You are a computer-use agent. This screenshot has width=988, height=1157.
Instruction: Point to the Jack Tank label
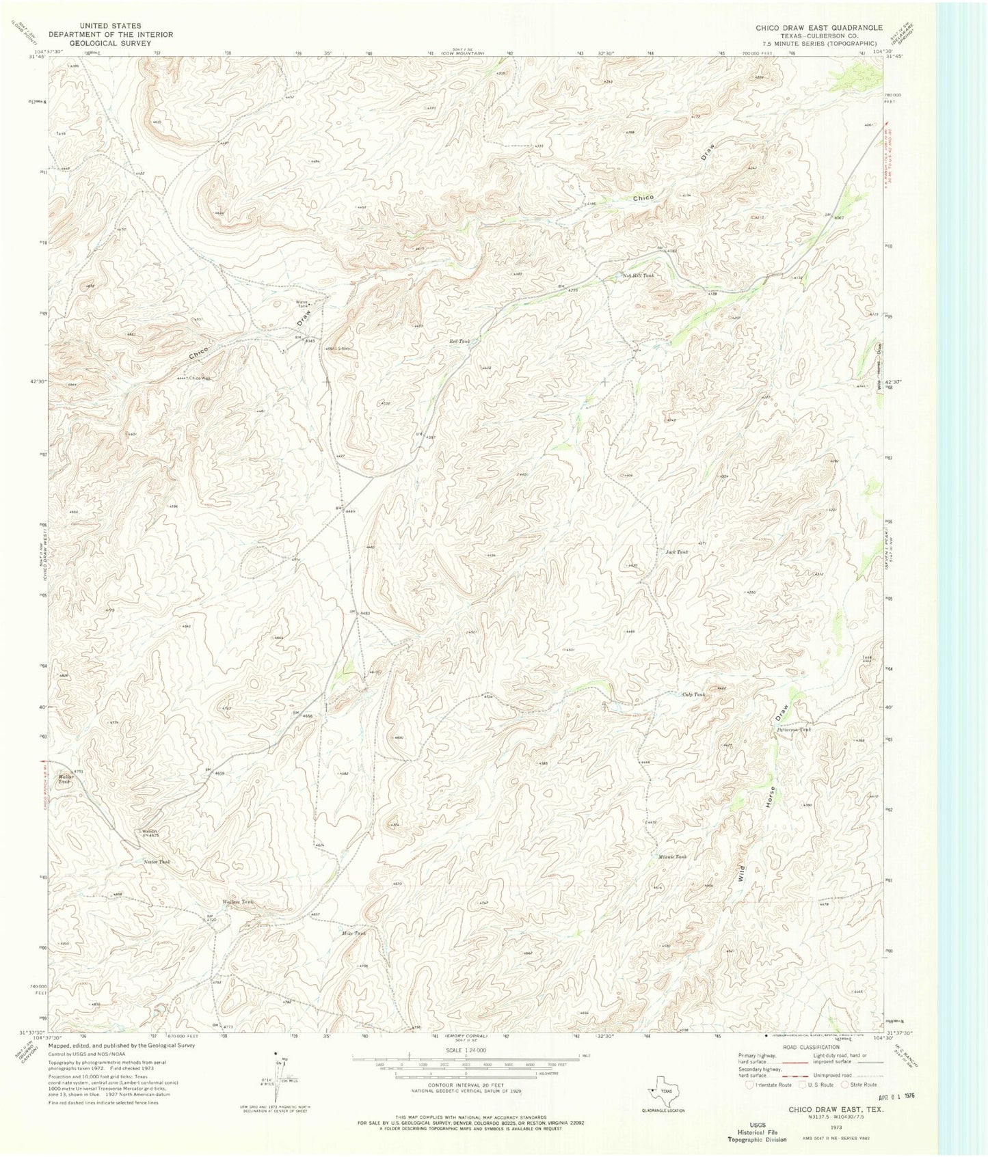point(676,552)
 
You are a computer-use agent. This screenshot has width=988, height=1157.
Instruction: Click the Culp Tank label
point(693,694)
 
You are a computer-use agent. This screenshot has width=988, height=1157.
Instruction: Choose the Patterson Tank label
point(793,729)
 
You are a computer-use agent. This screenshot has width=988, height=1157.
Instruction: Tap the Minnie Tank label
point(671,856)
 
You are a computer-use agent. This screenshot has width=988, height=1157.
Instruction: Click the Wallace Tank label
point(237,903)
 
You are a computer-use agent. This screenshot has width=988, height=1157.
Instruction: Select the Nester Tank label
point(156,862)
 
